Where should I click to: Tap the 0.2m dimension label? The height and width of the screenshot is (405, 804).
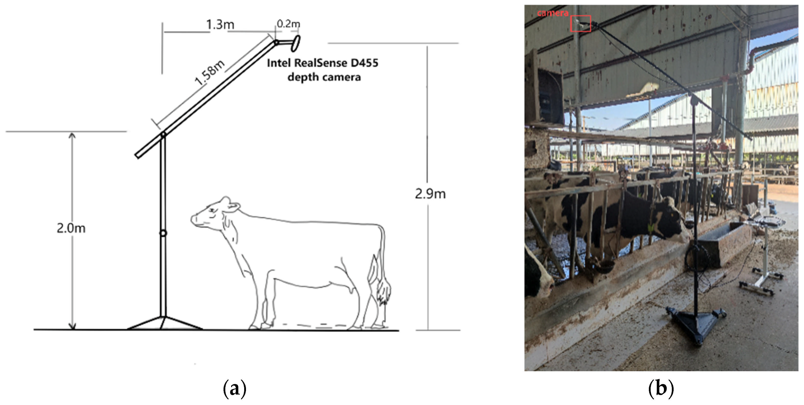coord(288,24)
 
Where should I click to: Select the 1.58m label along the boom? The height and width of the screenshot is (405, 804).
coord(210,73)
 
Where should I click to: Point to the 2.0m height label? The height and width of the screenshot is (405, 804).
coord(71,228)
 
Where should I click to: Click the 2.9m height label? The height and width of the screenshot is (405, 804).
coord(430,194)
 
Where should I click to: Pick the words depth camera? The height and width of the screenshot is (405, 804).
coord(324,77)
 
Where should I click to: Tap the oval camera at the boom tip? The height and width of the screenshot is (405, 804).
coord(295,43)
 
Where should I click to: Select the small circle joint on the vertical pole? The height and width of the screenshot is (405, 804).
coord(163,233)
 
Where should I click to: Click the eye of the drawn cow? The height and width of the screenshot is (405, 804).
coord(212,210)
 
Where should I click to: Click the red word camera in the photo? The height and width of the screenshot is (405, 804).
coord(552,13)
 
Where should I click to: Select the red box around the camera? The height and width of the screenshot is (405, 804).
coord(581,24)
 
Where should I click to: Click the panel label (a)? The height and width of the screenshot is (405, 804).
coord(235,388)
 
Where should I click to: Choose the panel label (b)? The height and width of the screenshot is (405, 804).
coord(661,388)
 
